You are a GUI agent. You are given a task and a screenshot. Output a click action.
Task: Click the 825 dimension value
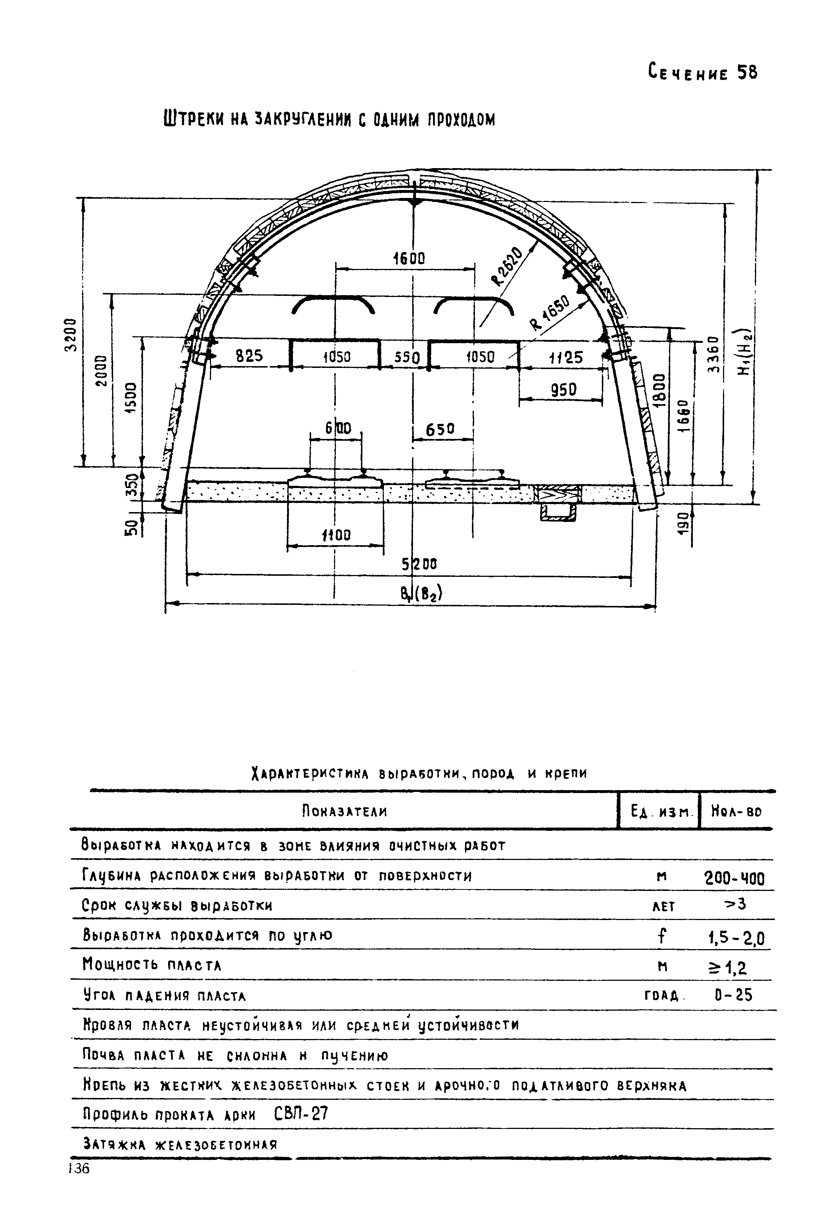249,356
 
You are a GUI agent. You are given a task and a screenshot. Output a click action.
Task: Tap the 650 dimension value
440,429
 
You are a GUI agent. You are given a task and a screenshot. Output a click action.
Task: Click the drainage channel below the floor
557,511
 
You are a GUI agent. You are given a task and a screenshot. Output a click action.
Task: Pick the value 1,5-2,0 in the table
736,938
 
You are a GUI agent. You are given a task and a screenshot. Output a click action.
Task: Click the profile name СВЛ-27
301,1114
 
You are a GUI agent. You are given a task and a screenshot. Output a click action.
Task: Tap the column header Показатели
345,811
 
